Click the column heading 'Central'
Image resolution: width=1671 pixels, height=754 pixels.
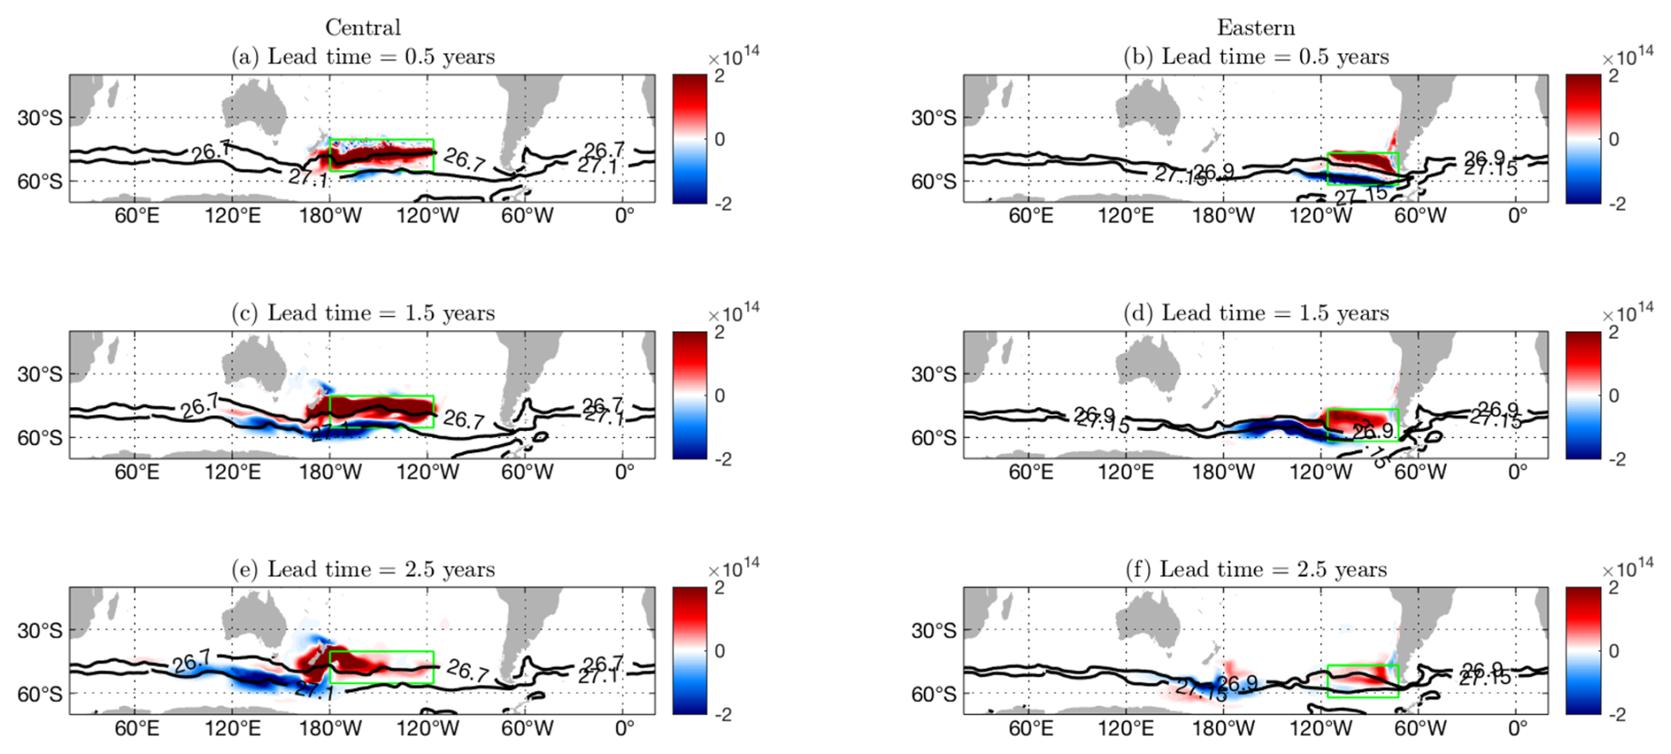tap(362, 27)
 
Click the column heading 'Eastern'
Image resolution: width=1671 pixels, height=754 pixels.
tap(1255, 27)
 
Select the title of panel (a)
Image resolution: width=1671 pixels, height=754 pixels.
tap(363, 57)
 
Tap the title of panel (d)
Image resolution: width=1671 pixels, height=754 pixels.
tap(1256, 313)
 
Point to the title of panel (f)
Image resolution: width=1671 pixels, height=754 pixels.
tap(1255, 569)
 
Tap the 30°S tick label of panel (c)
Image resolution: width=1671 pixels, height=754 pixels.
tap(40, 374)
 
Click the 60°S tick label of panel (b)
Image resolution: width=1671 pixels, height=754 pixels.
tap(934, 182)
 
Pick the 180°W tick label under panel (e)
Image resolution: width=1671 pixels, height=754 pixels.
tap(330, 728)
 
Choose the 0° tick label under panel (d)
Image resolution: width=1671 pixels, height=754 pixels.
tap(1517, 472)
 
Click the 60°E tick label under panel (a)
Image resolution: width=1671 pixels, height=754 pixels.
tap(136, 216)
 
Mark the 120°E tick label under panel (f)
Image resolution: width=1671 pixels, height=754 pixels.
tap(1125, 728)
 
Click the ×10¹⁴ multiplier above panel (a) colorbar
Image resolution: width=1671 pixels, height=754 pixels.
tap(733, 55)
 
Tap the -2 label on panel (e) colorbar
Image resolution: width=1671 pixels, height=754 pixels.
tap(722, 715)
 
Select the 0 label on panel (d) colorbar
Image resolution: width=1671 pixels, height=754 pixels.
tap(1614, 396)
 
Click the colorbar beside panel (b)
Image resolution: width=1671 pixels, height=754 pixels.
tap(1583, 139)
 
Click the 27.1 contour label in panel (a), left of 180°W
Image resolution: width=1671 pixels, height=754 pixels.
tap(307, 178)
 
